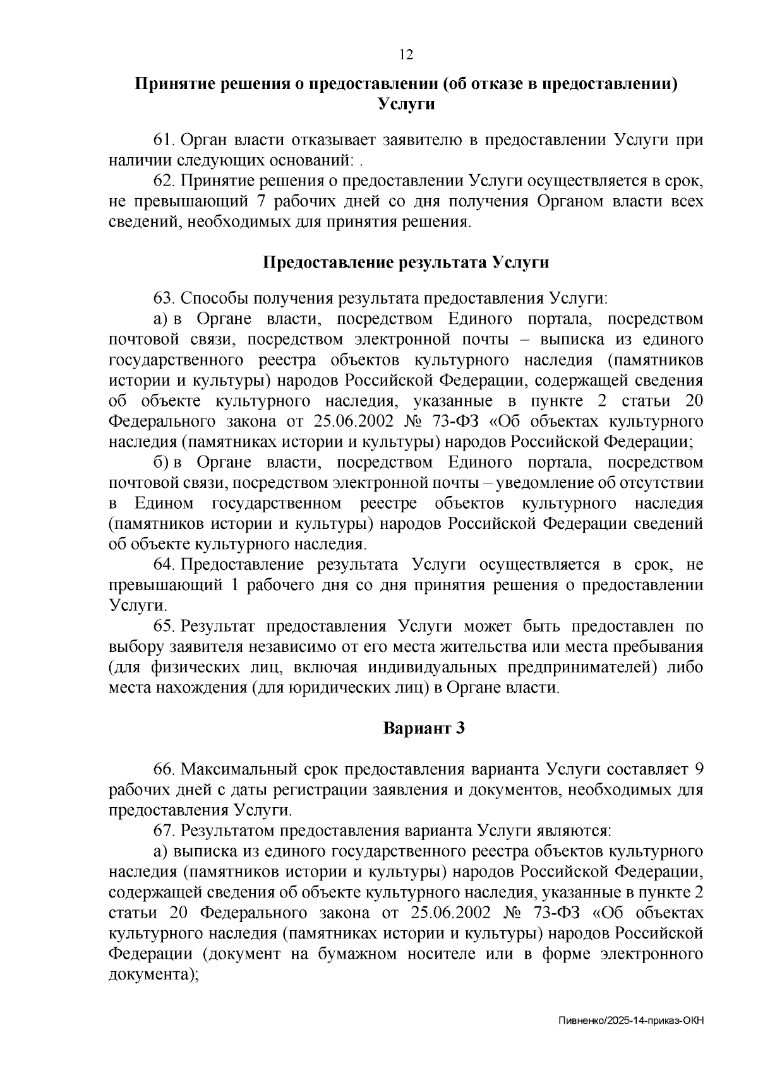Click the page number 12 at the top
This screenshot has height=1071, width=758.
[406, 56]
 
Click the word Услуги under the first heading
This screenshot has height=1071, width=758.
[406, 104]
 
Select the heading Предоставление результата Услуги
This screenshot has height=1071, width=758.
[406, 263]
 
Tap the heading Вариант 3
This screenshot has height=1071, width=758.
[424, 728]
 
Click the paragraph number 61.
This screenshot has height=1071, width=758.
[164, 139]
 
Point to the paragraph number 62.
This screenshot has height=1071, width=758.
[164, 181]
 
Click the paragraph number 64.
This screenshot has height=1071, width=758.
[164, 564]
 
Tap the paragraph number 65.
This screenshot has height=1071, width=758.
[164, 626]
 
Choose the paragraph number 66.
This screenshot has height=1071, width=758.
[164, 769]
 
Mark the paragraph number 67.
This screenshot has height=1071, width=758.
[164, 831]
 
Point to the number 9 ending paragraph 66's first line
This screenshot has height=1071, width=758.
[698, 769]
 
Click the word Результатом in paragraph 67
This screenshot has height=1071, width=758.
[227, 831]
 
